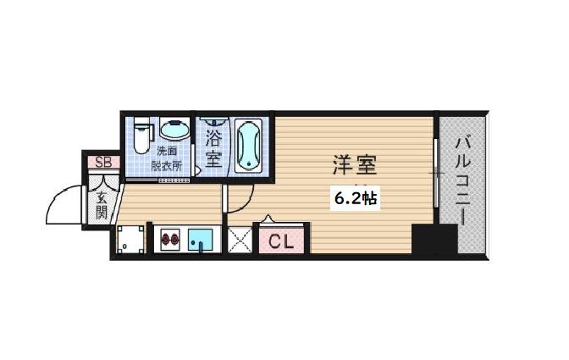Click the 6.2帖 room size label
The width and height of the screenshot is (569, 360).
(x=356, y=198)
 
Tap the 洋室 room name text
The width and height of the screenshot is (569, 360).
(x=355, y=165)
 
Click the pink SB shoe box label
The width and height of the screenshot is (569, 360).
(x=104, y=163)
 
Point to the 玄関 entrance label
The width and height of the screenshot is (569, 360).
(x=102, y=206)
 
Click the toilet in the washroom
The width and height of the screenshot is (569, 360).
(x=141, y=135)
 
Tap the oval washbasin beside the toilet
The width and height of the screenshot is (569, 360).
(x=174, y=130)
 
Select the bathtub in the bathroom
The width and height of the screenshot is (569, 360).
(x=249, y=145)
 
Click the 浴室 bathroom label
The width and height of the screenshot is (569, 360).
(x=213, y=148)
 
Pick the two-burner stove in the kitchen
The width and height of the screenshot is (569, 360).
(x=170, y=239)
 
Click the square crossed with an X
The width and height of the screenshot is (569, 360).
(x=240, y=240)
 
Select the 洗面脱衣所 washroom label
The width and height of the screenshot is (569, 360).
(x=167, y=158)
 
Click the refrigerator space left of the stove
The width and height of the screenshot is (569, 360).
(x=130, y=239)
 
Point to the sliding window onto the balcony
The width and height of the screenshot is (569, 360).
(x=436, y=173)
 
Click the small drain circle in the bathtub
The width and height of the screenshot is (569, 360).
(x=249, y=164)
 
